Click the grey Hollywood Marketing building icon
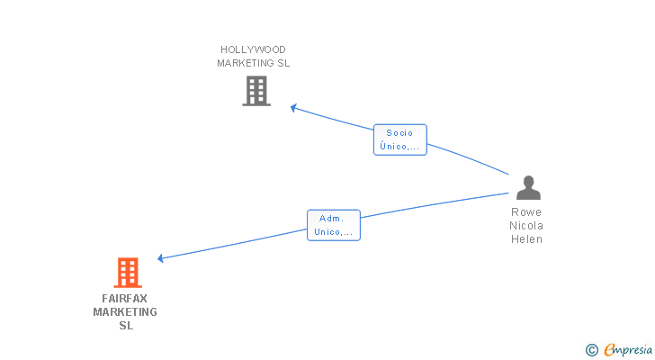coord(256,91)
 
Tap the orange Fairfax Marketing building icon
coord(128,273)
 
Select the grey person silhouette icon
coord(528,187)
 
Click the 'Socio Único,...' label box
coord(400,139)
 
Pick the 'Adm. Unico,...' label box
coord(334,225)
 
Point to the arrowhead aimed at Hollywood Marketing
coord(293,108)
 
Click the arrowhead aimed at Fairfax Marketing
coord(160,258)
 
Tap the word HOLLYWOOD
coord(253,49)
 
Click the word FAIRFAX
coord(124,299)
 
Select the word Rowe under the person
coord(526,212)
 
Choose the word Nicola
coord(526,226)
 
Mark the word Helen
coord(526,239)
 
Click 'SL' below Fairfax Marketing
coord(126,326)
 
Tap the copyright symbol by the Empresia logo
coord(591,350)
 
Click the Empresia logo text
coord(628,350)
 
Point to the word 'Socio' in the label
coord(399,133)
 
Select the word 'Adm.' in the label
coord(332,219)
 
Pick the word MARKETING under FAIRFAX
coord(125,312)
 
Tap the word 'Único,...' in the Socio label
coord(399,146)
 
